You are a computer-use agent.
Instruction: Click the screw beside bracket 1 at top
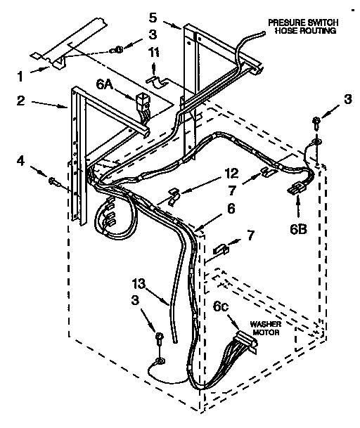pyautogui.click(x=119, y=49)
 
